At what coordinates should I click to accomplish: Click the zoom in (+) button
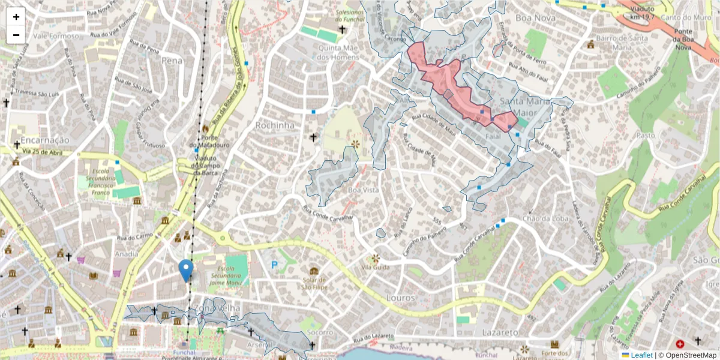point(16,17)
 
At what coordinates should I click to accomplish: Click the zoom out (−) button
point(16,35)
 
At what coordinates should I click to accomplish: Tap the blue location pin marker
point(186,271)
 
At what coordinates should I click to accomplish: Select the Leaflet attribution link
point(641,355)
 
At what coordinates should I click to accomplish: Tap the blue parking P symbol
point(275,265)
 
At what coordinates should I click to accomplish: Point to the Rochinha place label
point(275,125)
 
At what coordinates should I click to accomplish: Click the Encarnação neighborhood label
point(45,140)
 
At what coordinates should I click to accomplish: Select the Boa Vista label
point(364,190)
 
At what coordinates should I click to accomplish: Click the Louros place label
point(401,297)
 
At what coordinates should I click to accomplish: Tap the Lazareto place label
point(500,332)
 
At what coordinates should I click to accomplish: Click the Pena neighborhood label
point(171,60)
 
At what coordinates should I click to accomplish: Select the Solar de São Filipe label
point(314,283)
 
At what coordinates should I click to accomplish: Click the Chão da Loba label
point(545,218)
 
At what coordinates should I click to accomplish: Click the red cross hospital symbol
point(680,344)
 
